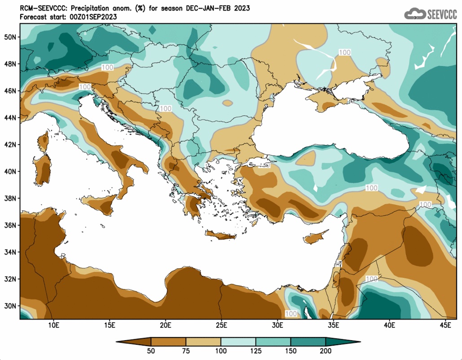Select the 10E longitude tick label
pyautogui.click(x=53, y=325)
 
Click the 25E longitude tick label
pyautogui.click(x=221, y=325)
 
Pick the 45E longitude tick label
pyautogui.click(x=445, y=325)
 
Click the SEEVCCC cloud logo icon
pyautogui.click(x=415, y=14)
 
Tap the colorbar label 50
pyautogui.click(x=151, y=351)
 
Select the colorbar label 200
pyautogui.click(x=326, y=351)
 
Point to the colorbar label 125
pyautogui.click(x=256, y=351)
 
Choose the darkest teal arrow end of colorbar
pyautogui.click(x=343, y=342)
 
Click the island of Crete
pyautogui.click(x=221, y=236)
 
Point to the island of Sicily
pyautogui.click(x=99, y=204)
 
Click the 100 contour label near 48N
pyautogui.click(x=107, y=67)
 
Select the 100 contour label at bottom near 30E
pyautogui.click(x=291, y=314)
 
